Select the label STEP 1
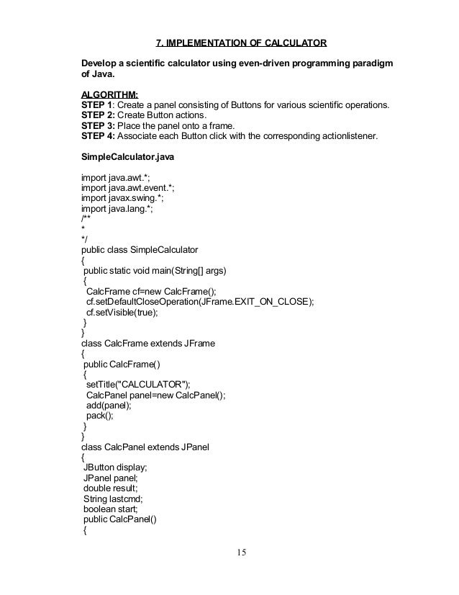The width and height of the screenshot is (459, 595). coord(101,104)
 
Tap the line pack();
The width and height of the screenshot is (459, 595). coord(100,415)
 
